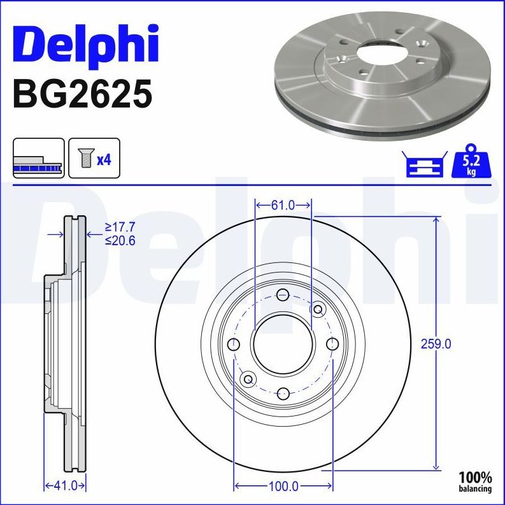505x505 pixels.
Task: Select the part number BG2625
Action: (x=82, y=94)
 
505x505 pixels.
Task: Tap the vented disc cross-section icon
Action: (x=39, y=158)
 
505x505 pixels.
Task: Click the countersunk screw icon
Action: (x=84, y=158)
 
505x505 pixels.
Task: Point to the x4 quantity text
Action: (x=103, y=159)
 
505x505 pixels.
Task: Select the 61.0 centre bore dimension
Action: (x=283, y=205)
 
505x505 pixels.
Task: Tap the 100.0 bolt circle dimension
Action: (x=283, y=486)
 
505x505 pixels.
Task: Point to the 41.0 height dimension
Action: (x=64, y=486)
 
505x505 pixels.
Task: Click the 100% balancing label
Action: (x=476, y=481)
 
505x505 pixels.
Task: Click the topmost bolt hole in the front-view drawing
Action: (x=283, y=295)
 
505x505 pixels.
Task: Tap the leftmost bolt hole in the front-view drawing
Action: (x=234, y=345)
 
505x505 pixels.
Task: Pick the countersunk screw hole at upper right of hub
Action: (x=318, y=309)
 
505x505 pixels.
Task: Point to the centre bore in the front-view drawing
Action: (x=283, y=345)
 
